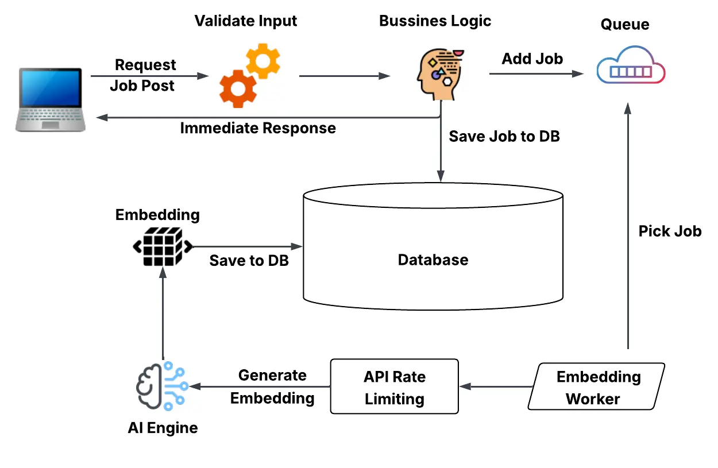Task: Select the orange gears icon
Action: click(250, 74)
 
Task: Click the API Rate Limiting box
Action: click(395, 386)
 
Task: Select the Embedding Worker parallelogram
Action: click(596, 386)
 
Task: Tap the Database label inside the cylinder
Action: click(433, 260)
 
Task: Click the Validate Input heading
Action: click(246, 21)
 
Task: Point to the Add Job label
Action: click(532, 59)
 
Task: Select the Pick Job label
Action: click(670, 231)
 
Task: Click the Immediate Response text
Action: click(258, 128)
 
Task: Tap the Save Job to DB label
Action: click(504, 137)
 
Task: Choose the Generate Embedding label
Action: click(272, 386)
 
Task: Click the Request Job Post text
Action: click(144, 75)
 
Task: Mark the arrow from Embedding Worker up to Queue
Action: click(628, 230)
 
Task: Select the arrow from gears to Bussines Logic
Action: click(345, 75)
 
